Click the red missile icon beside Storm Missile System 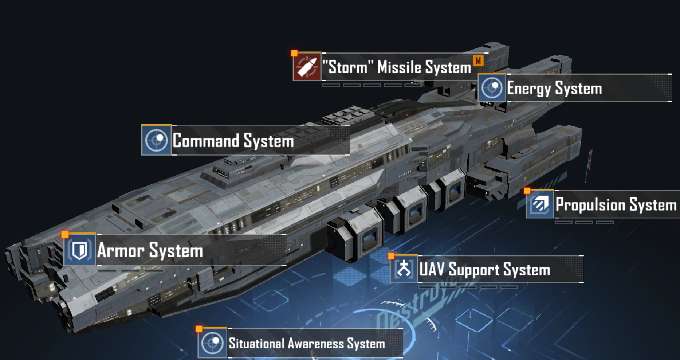[x=307, y=67]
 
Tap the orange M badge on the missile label [x=478, y=61]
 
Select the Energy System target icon [x=492, y=88]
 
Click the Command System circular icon [x=156, y=140]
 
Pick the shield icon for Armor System [x=80, y=250]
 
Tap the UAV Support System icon [x=404, y=269]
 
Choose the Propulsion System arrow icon [x=540, y=204]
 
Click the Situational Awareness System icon [x=212, y=343]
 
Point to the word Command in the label [x=206, y=140]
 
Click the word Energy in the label [x=529, y=89]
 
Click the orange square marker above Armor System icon [x=65, y=234]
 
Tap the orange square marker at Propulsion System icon [x=527, y=191]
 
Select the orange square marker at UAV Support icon [x=391, y=256]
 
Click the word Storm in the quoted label [x=348, y=67]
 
